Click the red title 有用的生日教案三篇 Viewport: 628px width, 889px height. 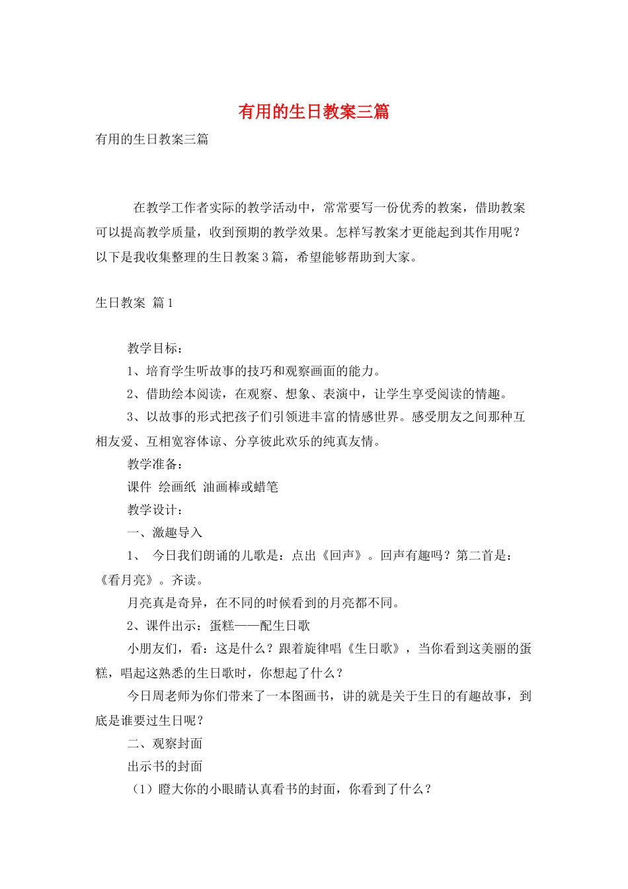click(x=313, y=112)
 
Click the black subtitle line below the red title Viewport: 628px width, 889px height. click(x=152, y=139)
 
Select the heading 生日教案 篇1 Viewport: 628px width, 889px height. click(x=134, y=303)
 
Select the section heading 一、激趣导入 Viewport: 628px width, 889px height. click(x=165, y=532)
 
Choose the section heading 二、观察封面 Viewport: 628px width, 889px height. click(x=165, y=743)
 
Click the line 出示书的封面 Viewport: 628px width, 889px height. click(x=165, y=767)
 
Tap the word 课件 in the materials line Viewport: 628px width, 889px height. click(x=139, y=487)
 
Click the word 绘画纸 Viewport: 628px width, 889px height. click(x=177, y=487)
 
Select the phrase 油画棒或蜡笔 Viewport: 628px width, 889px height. click(x=241, y=487)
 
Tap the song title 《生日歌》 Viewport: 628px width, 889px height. click(x=374, y=649)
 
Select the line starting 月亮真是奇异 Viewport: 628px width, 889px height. click(x=263, y=603)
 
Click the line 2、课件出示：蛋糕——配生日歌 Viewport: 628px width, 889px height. click(x=218, y=626)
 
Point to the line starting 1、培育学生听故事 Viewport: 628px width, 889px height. click(x=254, y=371)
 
